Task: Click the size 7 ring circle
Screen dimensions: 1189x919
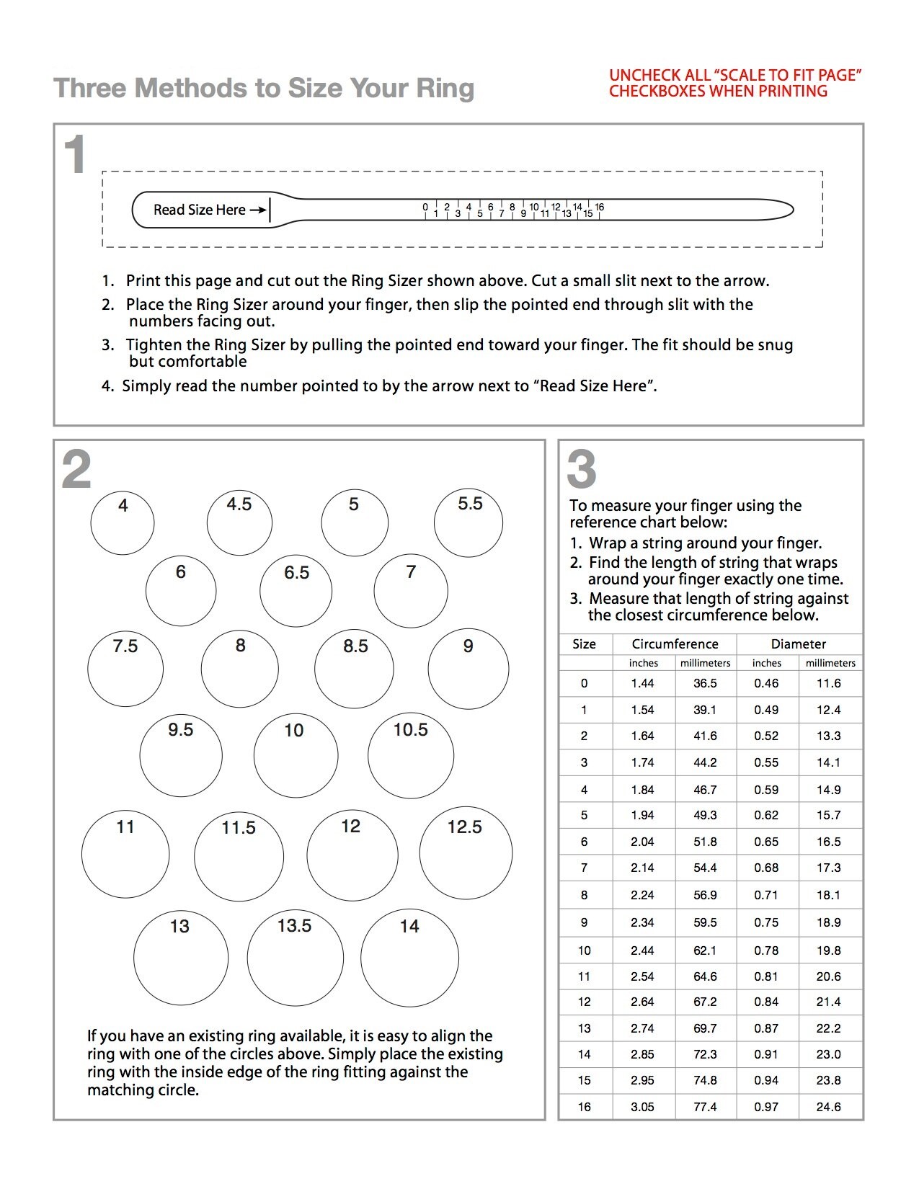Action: pos(411,591)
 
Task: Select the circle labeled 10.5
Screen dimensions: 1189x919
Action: pos(411,756)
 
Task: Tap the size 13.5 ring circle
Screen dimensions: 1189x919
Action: pos(295,958)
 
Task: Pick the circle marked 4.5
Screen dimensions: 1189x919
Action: pos(239,523)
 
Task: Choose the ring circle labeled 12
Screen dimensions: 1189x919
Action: pos(352,855)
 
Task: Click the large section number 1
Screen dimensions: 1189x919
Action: pos(74,155)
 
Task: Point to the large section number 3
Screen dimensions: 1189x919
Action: pos(582,469)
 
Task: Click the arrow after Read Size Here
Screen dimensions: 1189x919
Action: pos(258,210)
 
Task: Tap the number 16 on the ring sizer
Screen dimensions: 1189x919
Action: pos(600,207)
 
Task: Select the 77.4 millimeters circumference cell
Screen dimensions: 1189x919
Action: pos(705,1107)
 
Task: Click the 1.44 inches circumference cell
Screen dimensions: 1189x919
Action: pos(642,683)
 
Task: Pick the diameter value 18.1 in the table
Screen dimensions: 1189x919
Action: pos(829,895)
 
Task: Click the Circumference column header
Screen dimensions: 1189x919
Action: pos(675,644)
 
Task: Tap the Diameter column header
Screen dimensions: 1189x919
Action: pos(799,644)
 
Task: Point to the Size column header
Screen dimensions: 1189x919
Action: pos(584,644)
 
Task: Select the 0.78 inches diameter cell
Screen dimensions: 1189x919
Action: pos(766,950)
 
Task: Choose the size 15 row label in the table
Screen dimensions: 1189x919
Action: pos(584,1080)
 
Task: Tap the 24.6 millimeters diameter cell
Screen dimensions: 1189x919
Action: pos(829,1107)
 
